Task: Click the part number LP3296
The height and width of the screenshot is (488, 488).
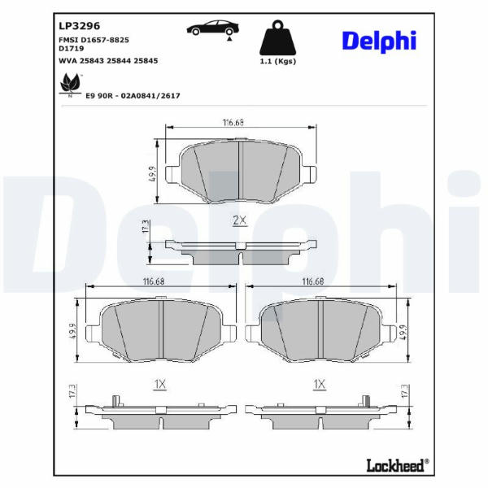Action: (x=80, y=26)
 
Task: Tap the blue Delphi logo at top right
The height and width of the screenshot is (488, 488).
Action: (x=379, y=41)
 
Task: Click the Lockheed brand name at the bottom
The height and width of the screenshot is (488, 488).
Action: (x=397, y=465)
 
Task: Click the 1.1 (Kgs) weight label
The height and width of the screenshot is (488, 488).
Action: (x=278, y=61)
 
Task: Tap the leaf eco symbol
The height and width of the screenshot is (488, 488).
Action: (x=70, y=84)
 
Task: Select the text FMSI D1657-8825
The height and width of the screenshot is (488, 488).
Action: (x=94, y=40)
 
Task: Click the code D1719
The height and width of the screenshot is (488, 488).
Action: (x=72, y=49)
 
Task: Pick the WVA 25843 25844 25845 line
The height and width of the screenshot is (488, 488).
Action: (x=108, y=61)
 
